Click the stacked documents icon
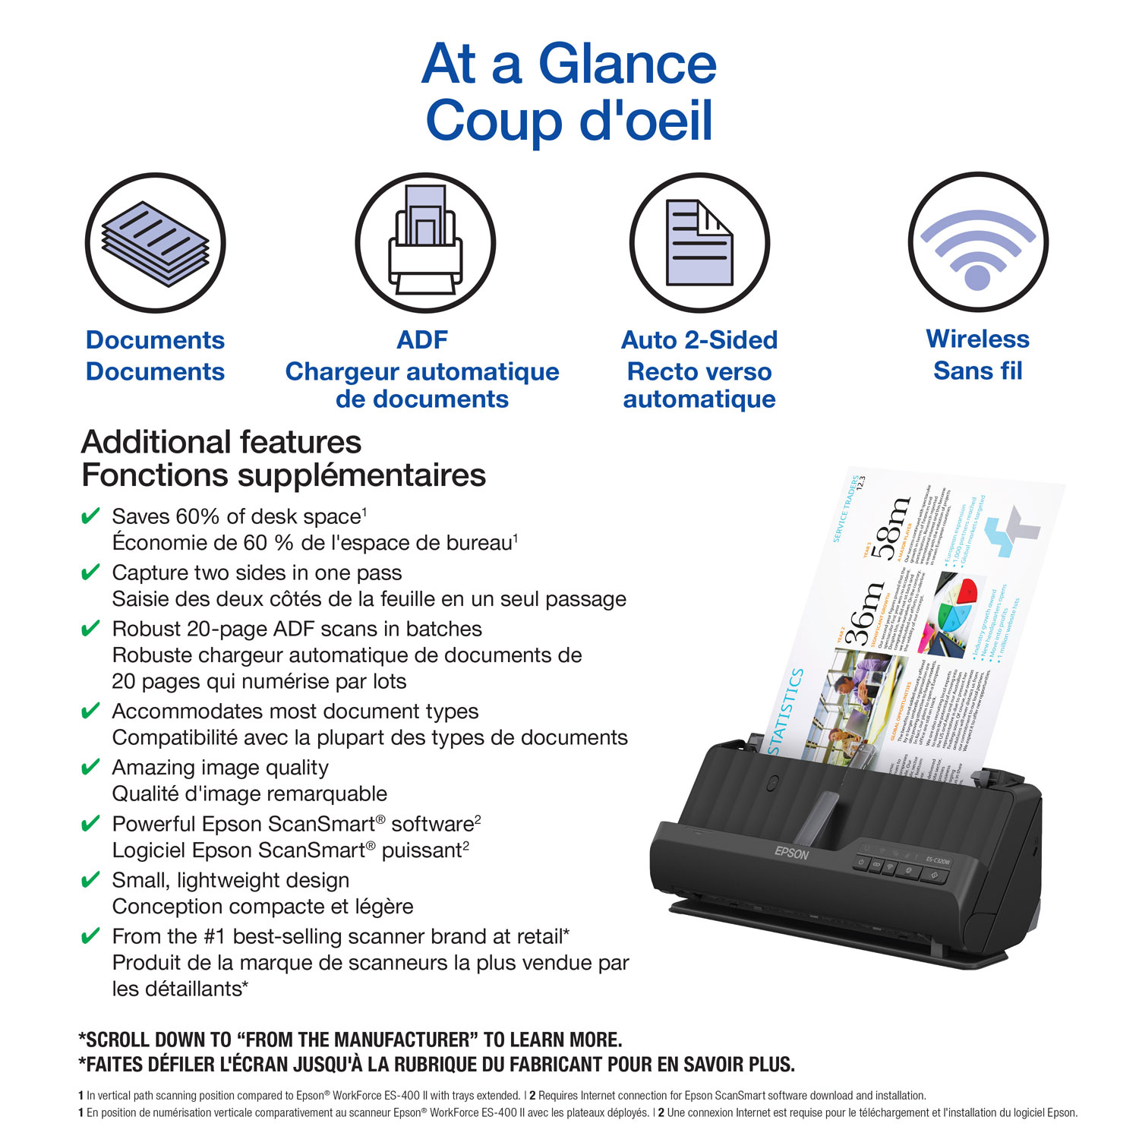(x=155, y=243)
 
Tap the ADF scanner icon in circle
(x=425, y=243)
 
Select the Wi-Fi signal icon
(x=978, y=243)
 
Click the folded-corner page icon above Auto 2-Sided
(x=699, y=243)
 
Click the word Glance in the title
(x=627, y=64)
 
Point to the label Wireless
(x=977, y=339)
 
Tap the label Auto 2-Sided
(x=699, y=339)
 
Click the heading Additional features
(x=221, y=442)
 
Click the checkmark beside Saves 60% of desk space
(x=90, y=517)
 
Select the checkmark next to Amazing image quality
(x=90, y=768)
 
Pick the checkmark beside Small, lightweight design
(x=90, y=880)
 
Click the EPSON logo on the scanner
(x=792, y=853)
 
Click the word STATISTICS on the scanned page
(x=786, y=711)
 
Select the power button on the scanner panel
(x=862, y=862)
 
